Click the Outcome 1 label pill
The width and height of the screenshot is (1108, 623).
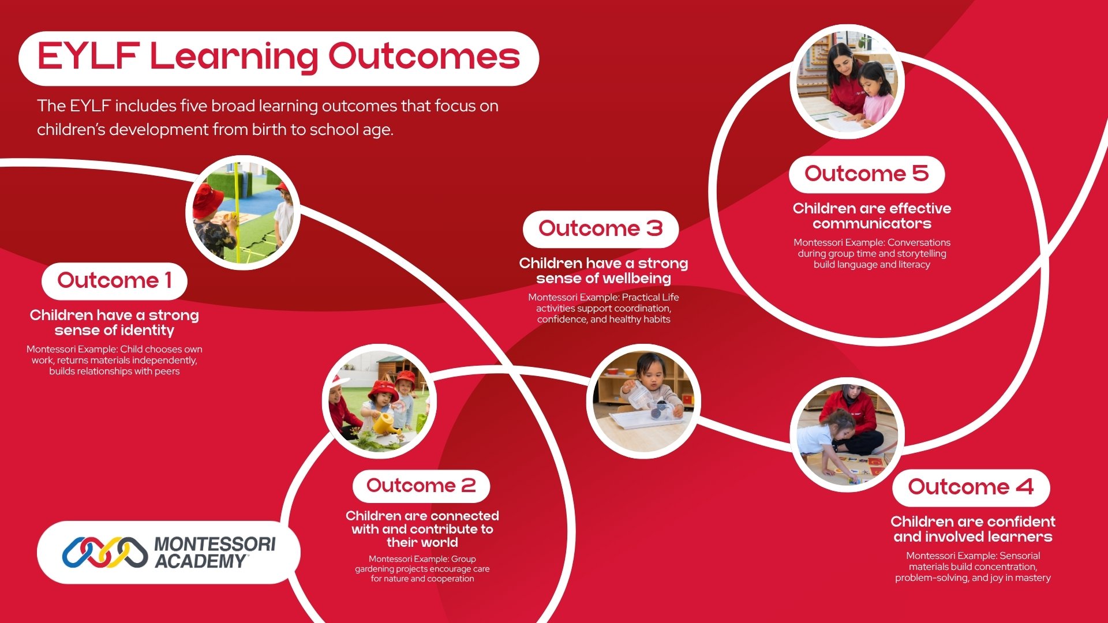pos(114,281)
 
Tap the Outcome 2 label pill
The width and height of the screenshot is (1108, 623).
pos(421,486)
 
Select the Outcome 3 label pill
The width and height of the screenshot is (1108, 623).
pos(601,229)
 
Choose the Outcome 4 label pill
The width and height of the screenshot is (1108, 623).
pos(971,487)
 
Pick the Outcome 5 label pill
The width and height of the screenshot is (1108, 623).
pos(867,174)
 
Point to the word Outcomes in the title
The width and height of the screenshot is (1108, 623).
pos(424,57)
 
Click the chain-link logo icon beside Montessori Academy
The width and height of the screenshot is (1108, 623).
pos(104,553)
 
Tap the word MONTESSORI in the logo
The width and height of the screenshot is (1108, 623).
pos(215,544)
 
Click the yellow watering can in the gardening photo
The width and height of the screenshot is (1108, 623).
pos(386,424)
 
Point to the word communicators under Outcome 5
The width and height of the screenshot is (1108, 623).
pos(872,224)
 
